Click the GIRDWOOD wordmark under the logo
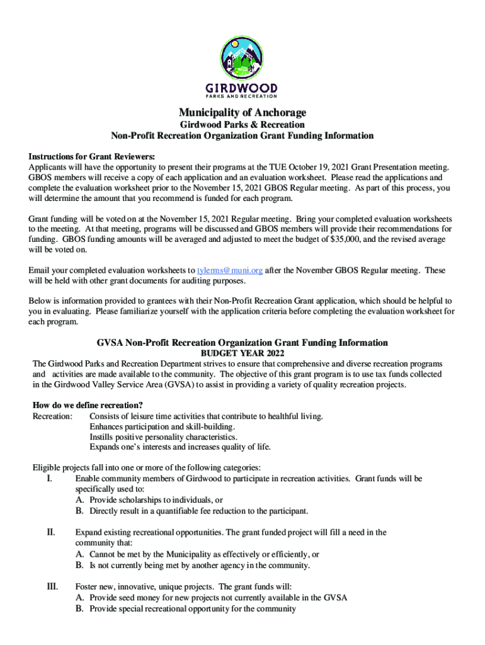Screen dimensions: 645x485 [242, 88]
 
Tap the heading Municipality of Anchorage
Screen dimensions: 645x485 [243, 113]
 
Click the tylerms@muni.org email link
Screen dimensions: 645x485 [229, 270]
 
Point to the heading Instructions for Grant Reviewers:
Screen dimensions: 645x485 [91, 156]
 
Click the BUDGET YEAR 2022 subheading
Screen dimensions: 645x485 [243, 353]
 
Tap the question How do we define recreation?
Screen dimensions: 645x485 [88, 405]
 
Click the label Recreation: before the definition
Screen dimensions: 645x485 [52, 416]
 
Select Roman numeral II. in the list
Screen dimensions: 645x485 [52, 533]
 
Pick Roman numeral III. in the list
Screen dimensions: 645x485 [53, 586]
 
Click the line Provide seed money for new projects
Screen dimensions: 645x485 [218, 598]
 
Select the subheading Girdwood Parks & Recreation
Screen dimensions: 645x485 [243, 125]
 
